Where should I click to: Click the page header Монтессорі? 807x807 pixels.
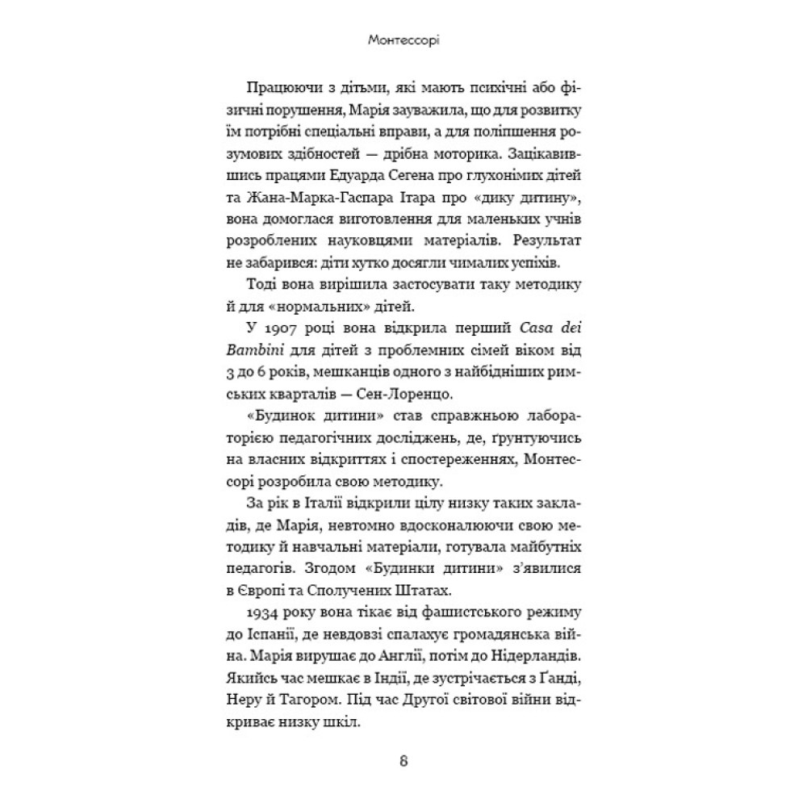(403, 38)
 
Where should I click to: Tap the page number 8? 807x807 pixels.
(404, 761)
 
